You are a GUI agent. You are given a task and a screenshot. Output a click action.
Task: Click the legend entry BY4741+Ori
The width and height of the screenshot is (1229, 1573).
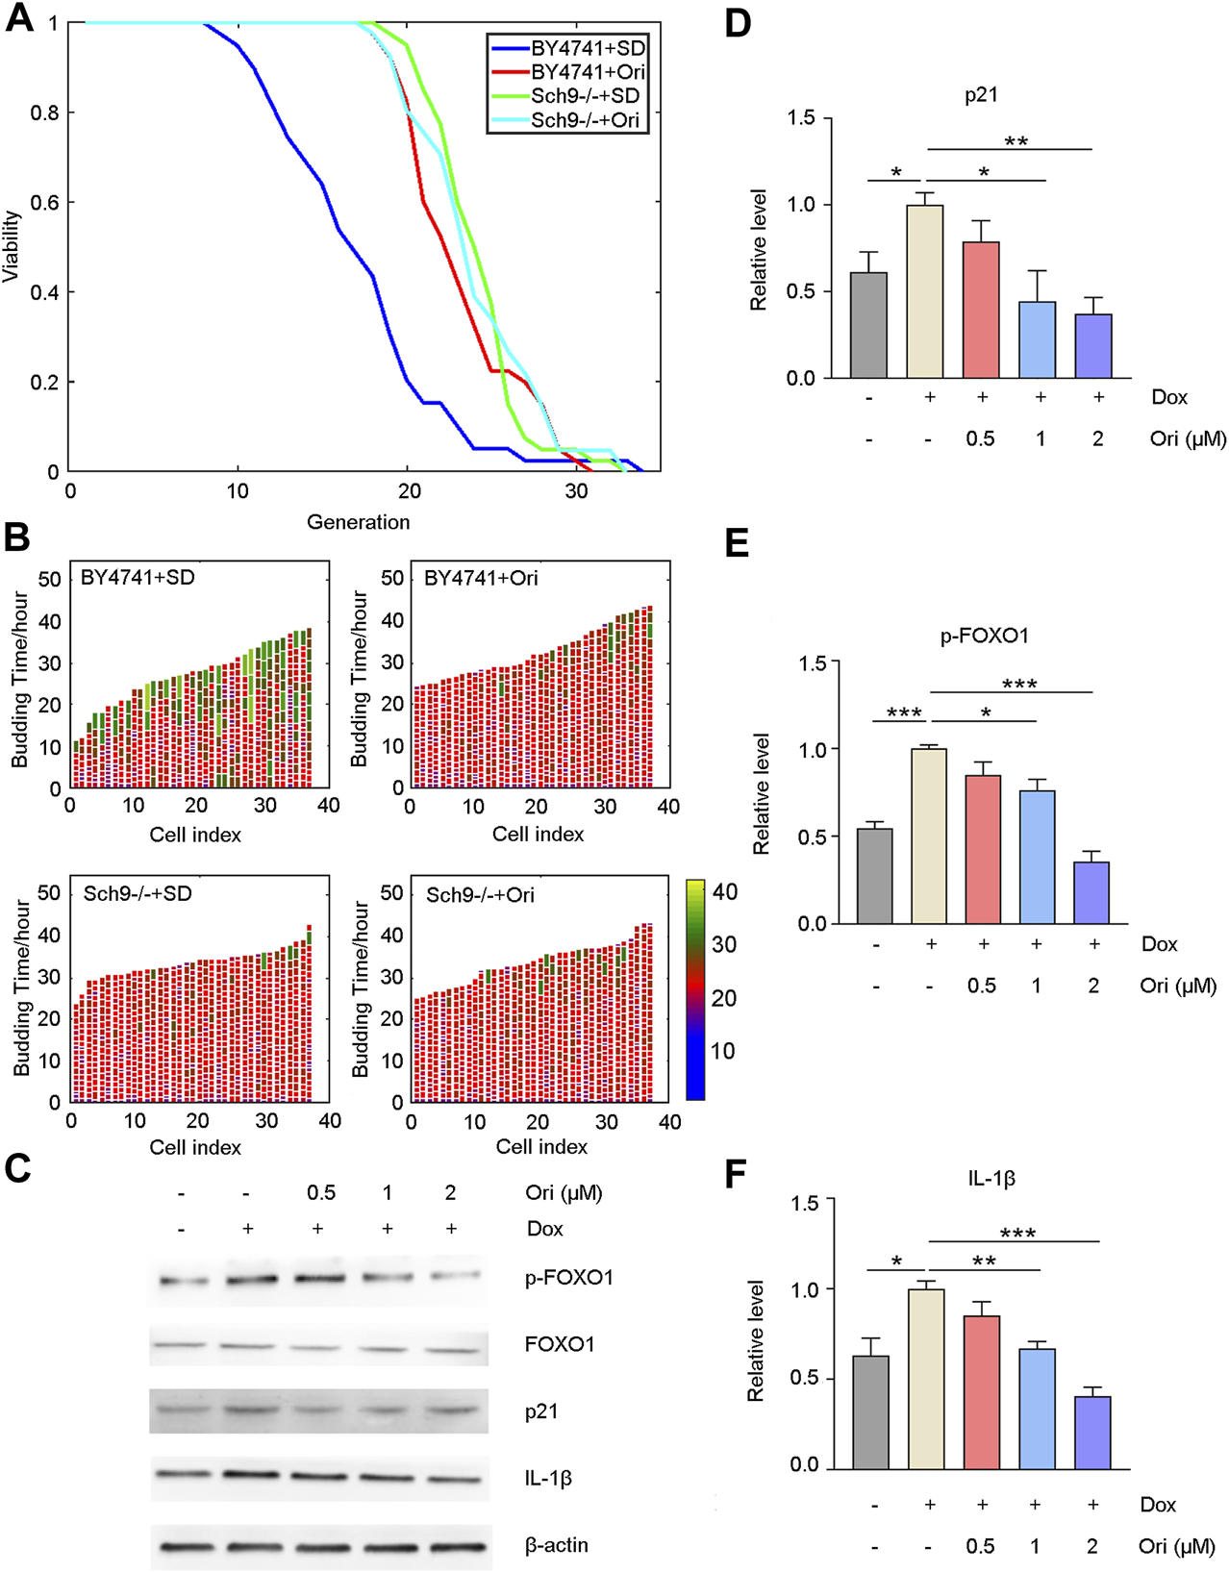tap(588, 72)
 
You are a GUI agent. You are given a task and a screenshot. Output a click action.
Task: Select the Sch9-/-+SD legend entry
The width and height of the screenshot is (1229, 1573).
tap(585, 96)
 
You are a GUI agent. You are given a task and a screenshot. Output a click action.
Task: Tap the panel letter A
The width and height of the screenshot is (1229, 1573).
tap(19, 18)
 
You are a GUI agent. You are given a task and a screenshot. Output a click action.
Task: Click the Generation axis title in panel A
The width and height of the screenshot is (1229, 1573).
tap(358, 522)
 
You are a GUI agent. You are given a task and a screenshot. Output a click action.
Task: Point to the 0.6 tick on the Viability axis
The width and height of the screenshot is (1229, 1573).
tap(45, 203)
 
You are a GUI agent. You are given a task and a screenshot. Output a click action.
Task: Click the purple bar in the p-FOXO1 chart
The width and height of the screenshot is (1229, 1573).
tap(1091, 892)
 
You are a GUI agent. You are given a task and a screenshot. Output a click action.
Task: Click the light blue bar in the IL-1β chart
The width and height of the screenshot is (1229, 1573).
tap(1037, 1408)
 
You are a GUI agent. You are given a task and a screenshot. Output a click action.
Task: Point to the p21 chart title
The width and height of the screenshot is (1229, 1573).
tap(981, 95)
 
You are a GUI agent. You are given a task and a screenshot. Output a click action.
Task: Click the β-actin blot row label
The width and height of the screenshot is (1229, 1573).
tap(556, 1545)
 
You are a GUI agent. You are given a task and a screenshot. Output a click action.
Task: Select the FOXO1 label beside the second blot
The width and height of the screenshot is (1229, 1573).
tap(559, 1344)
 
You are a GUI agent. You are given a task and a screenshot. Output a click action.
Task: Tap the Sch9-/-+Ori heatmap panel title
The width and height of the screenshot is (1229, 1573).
tap(480, 895)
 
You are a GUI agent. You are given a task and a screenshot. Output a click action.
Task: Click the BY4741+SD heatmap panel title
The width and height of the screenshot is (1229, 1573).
tap(138, 578)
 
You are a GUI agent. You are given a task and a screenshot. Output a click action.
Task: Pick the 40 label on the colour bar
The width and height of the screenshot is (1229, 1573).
tap(725, 892)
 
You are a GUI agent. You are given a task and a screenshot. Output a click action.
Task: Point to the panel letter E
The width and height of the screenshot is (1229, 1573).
tap(737, 544)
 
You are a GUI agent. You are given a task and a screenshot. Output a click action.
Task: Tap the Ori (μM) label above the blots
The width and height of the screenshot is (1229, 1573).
tap(564, 1193)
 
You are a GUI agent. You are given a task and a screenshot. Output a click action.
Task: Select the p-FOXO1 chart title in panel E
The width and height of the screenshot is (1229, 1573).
tap(984, 636)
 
